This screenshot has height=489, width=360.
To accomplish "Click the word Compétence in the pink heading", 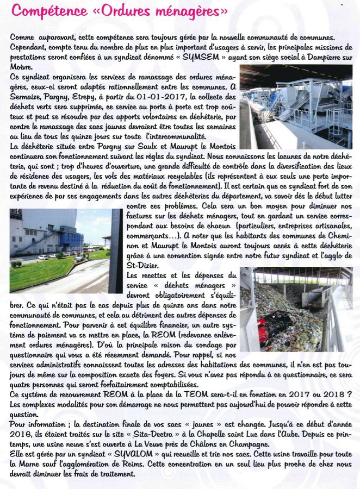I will coord(44,10).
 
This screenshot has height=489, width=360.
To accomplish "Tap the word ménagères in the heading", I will coord(185,10).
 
